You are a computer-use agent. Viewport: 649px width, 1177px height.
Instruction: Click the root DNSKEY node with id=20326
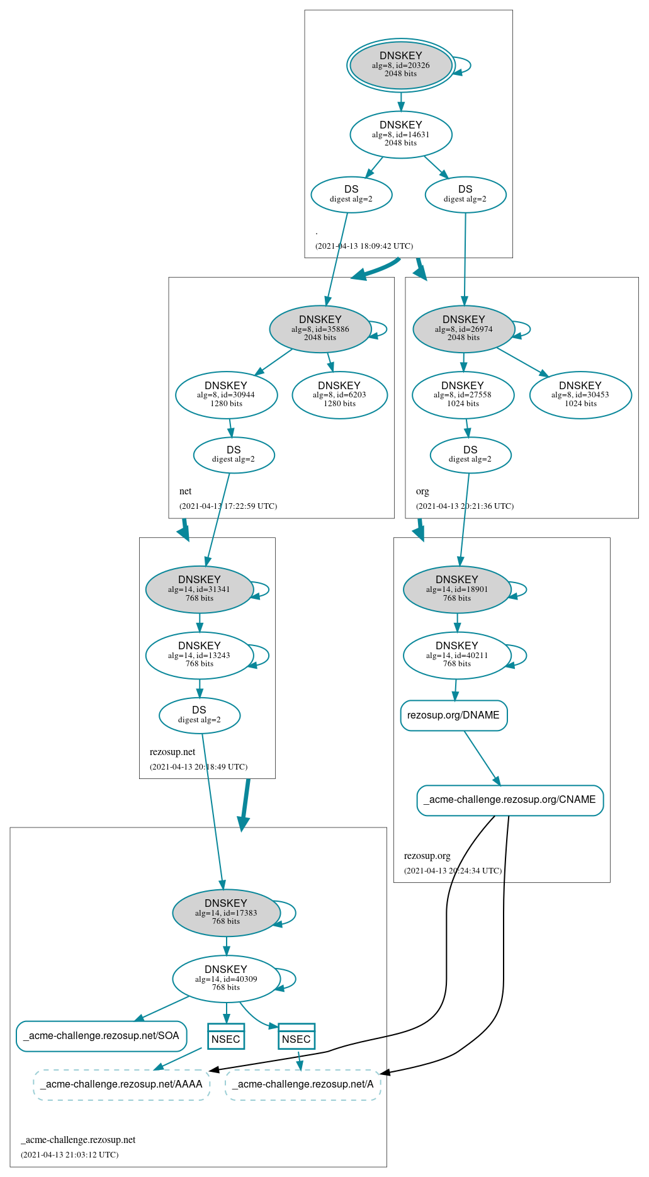[x=400, y=65]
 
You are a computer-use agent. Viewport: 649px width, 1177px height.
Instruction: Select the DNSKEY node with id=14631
[x=400, y=134]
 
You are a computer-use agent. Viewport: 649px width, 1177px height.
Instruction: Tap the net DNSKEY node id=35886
[x=320, y=329]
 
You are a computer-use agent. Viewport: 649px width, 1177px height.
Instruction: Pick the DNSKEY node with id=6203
[x=339, y=395]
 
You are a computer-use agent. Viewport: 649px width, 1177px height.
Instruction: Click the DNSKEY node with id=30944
[x=226, y=395]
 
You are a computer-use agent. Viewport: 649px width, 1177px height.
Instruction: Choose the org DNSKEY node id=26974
[x=463, y=329]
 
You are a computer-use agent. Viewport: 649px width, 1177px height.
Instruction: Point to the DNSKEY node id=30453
[x=580, y=395]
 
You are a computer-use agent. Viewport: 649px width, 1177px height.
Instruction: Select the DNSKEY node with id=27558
[x=463, y=395]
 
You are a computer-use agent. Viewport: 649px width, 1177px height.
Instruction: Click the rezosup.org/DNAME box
[x=453, y=715]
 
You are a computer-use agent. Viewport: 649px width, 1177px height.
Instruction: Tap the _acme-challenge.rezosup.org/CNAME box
[x=510, y=800]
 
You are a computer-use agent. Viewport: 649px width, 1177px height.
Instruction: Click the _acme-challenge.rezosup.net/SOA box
[x=101, y=1036]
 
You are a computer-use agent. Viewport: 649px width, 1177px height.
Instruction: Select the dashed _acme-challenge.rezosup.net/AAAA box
[x=121, y=1084]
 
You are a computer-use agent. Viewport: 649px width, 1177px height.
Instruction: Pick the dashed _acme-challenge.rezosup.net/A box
[x=303, y=1084]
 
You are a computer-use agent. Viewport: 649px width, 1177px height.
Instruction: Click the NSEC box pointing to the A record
[x=296, y=1037]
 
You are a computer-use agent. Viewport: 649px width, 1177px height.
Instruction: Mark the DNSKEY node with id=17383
[x=226, y=913]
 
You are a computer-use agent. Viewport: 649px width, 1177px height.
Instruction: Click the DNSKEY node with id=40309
[x=226, y=979]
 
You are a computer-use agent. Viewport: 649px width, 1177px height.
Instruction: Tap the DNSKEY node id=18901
[x=456, y=589]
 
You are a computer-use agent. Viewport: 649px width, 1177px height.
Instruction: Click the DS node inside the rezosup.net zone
[x=199, y=715]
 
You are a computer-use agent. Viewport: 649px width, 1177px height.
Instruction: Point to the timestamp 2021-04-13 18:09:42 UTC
[x=364, y=246]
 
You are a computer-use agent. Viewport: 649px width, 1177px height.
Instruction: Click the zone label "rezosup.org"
[x=427, y=856]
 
